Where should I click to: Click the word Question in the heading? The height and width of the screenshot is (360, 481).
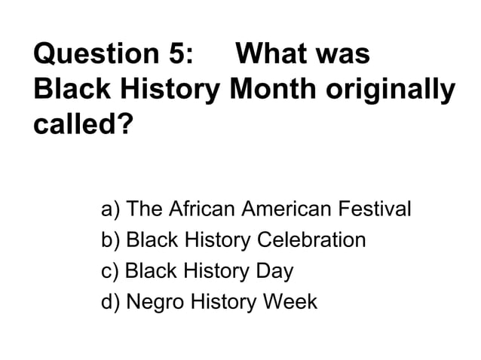90,55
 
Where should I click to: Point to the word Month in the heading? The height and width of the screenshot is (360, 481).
274,90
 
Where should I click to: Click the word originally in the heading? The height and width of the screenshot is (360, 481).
391,91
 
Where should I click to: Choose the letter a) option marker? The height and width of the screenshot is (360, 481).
111,209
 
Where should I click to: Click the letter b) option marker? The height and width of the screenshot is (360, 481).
111,240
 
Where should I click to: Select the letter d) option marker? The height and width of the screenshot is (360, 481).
111,302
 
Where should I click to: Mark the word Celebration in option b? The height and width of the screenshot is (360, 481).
311,240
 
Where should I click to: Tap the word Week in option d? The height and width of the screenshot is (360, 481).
289,302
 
